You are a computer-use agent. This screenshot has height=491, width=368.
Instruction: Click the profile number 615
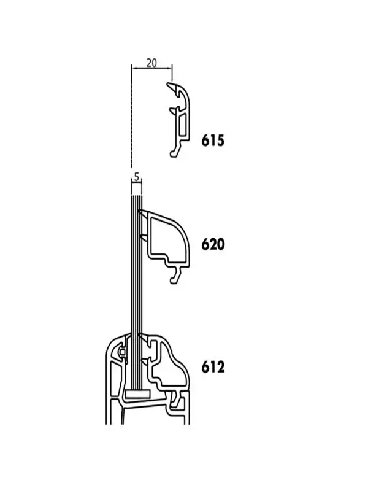213,141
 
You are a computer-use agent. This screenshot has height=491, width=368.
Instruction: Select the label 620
213,244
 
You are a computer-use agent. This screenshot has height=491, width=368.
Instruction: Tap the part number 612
213,366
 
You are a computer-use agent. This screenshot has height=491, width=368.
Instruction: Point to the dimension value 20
151,63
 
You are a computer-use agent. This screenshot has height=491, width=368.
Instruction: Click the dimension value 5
136,177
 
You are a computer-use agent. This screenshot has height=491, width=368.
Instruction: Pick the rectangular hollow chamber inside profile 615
182,125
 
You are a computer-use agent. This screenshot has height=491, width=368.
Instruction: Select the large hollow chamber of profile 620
167,237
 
